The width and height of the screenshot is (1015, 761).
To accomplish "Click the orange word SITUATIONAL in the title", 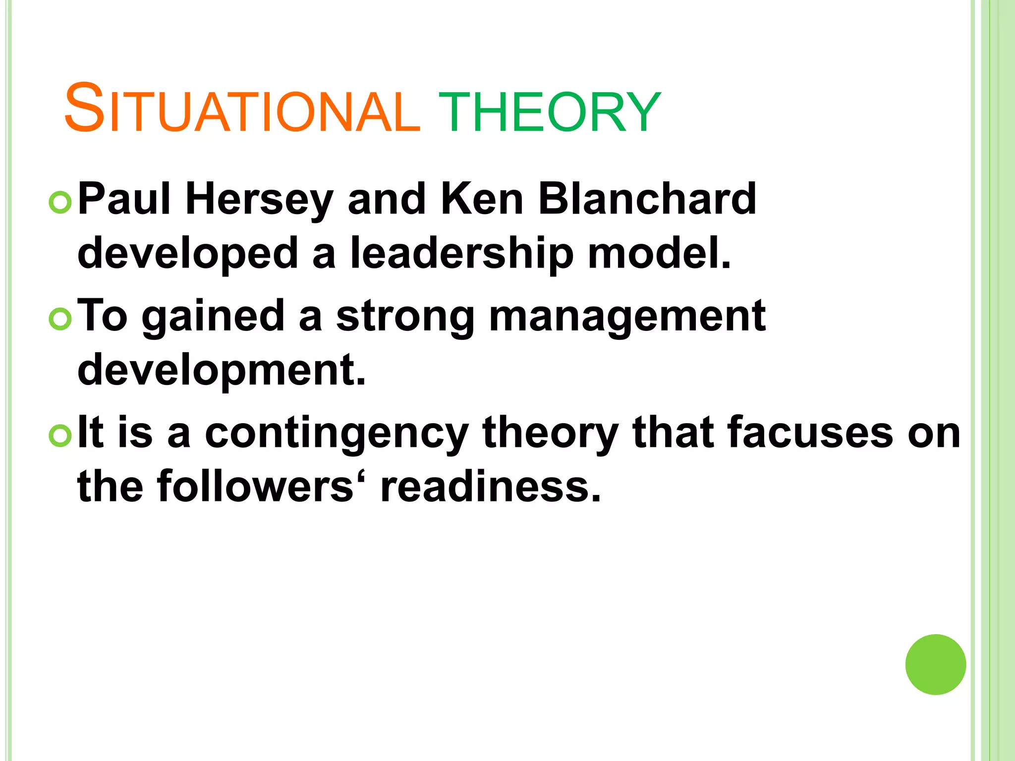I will point(242,109).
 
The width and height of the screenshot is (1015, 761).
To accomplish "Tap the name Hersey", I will point(259,199).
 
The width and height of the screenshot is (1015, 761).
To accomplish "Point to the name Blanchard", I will point(647,199).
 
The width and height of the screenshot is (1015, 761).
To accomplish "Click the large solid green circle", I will point(935,664).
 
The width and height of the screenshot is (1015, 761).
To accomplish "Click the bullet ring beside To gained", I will point(61,320).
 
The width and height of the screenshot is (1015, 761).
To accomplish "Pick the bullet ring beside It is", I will point(61,436).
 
